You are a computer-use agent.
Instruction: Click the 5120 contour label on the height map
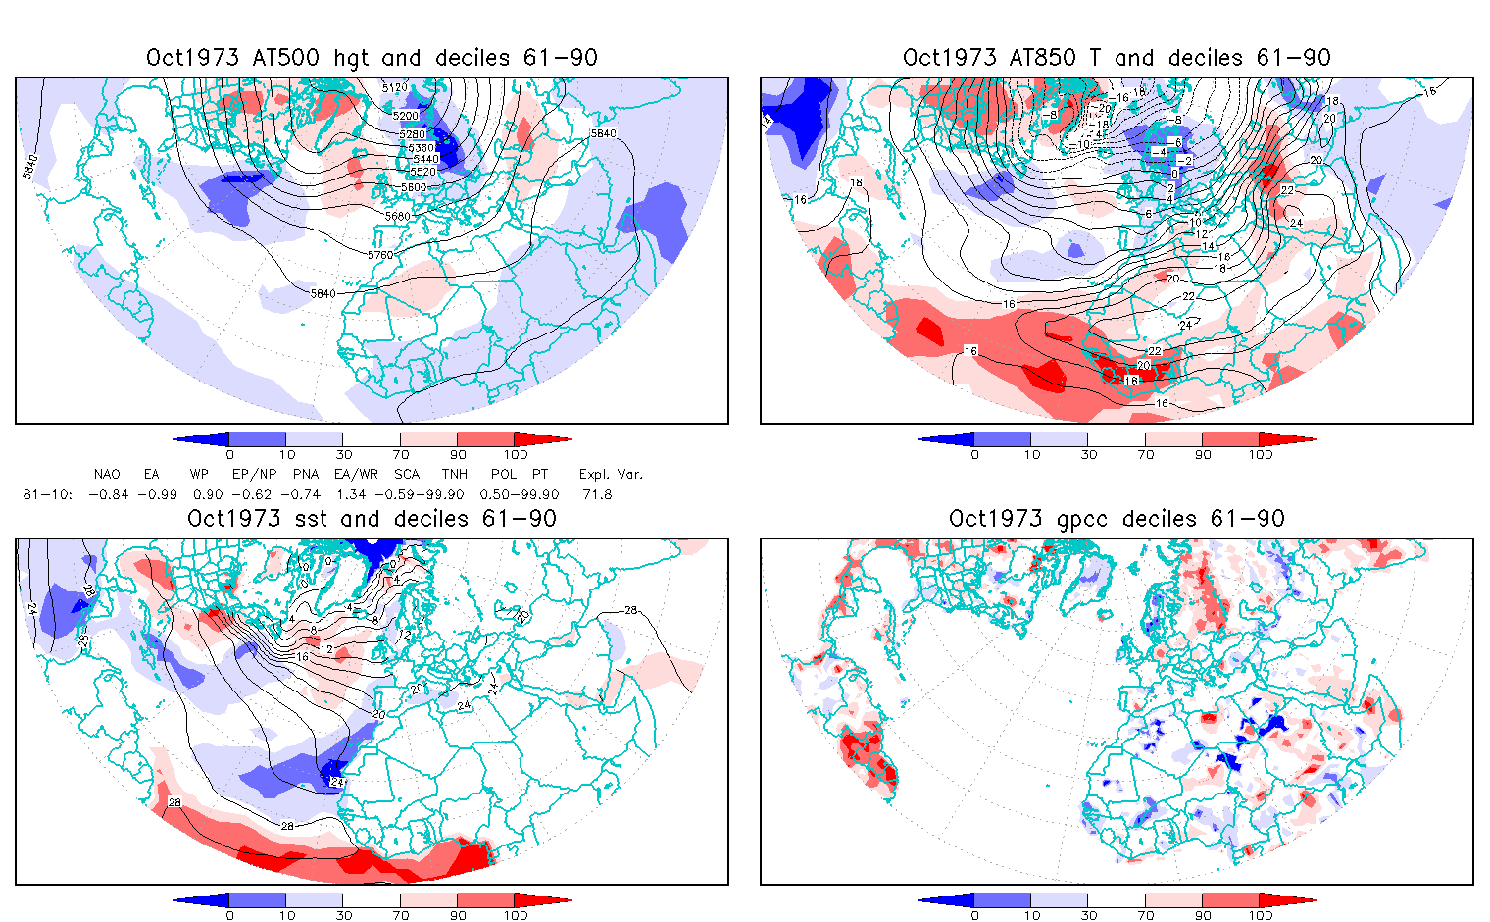(x=394, y=88)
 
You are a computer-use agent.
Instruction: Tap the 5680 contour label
(x=398, y=216)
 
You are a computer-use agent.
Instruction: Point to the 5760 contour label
(x=380, y=255)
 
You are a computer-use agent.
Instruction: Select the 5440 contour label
(x=425, y=159)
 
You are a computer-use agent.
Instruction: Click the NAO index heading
(x=107, y=474)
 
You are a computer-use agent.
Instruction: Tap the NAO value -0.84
(x=108, y=494)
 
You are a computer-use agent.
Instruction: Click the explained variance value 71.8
(x=596, y=494)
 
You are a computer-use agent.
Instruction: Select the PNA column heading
(x=306, y=474)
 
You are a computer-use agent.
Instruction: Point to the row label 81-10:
(x=47, y=494)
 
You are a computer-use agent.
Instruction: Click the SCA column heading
(x=407, y=474)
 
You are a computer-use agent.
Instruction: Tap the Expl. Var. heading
(x=611, y=474)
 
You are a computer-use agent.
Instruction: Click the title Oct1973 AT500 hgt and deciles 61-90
(x=372, y=58)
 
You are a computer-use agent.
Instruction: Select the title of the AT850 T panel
(x=1117, y=58)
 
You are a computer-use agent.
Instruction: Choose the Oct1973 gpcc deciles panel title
(x=1117, y=519)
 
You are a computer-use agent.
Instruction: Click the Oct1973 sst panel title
(x=372, y=519)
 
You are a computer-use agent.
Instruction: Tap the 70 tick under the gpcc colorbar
(x=1146, y=915)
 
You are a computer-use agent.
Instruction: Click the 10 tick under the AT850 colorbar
(x=1031, y=454)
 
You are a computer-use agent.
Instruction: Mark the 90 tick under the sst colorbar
(x=458, y=915)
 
